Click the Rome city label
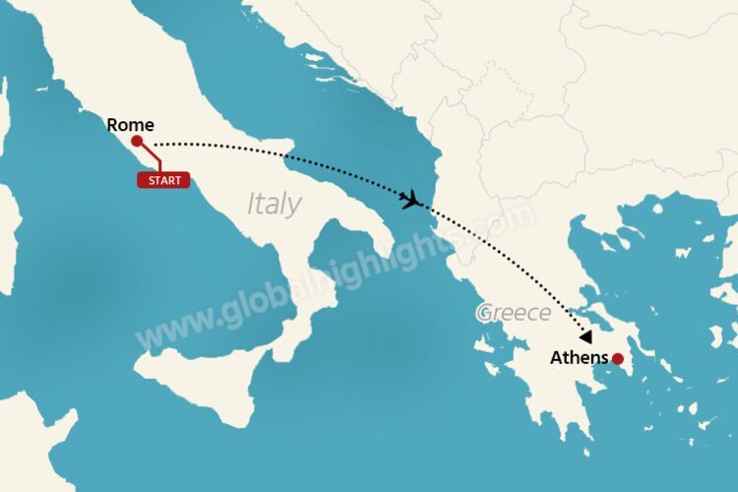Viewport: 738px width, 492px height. pyautogui.click(x=131, y=125)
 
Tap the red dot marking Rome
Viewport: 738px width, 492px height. pyautogui.click(x=136, y=142)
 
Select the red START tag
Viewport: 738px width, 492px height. pyautogui.click(x=163, y=180)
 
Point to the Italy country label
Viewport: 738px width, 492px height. pyautogui.click(x=274, y=204)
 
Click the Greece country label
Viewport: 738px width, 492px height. pyautogui.click(x=513, y=313)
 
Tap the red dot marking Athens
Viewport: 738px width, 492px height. pyautogui.click(x=617, y=359)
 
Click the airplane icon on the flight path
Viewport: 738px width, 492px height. pyautogui.click(x=411, y=202)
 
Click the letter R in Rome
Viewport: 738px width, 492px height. pyautogui.click(x=111, y=125)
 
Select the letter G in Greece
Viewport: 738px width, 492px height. pyautogui.click(x=483, y=314)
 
